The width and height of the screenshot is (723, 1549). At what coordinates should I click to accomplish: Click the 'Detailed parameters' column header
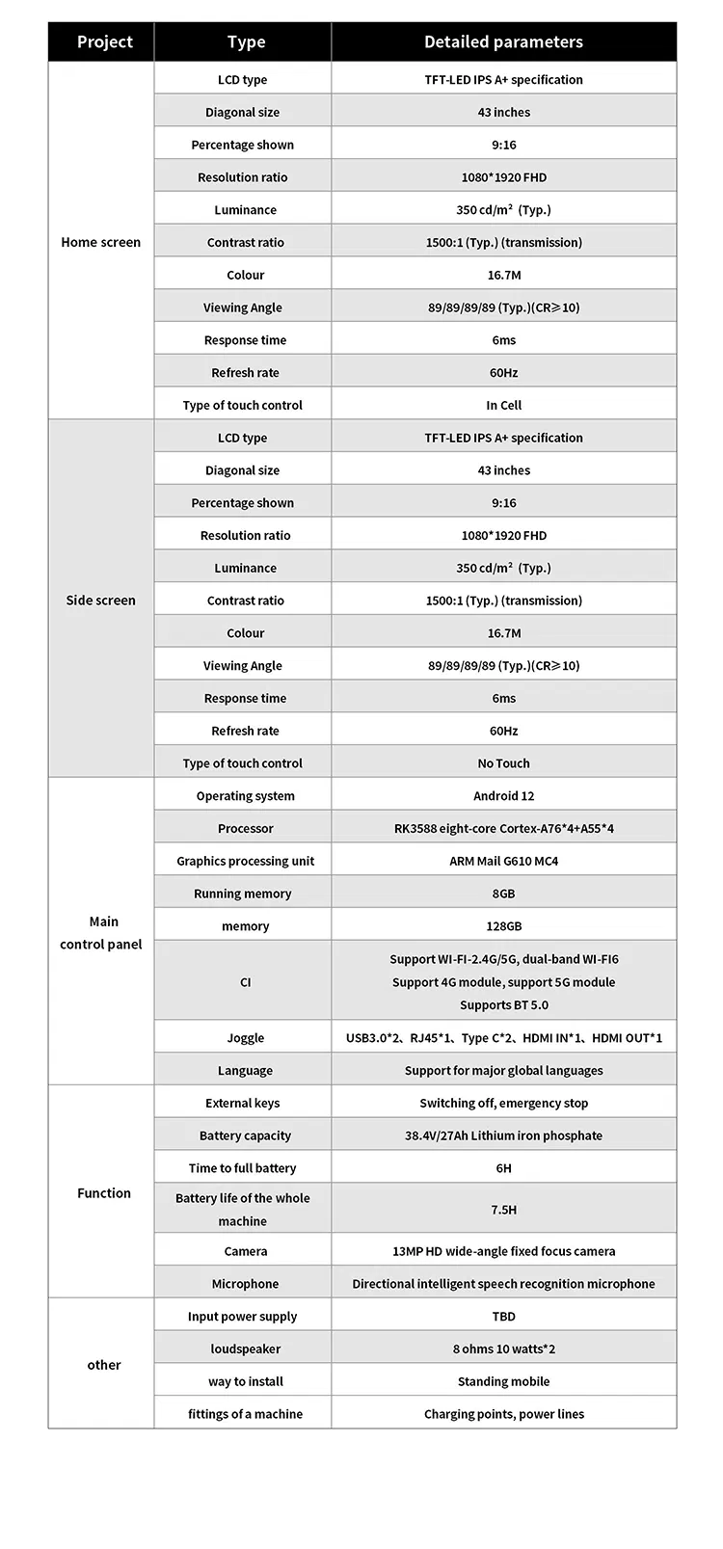click(503, 41)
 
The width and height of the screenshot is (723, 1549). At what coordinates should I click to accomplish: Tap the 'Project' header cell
click(104, 41)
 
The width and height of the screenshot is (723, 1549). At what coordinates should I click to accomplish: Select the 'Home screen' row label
click(100, 242)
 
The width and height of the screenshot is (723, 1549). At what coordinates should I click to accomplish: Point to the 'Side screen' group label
click(100, 600)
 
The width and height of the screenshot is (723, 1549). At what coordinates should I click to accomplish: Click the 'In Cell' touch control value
click(503, 405)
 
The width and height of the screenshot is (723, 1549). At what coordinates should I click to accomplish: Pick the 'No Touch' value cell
click(503, 762)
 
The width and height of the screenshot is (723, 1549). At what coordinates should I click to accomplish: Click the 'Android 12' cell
click(503, 795)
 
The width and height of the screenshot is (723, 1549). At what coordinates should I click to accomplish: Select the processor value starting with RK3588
click(503, 828)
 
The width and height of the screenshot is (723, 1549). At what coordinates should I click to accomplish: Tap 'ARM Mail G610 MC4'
click(503, 861)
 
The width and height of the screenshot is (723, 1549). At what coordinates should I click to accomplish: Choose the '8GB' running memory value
click(503, 894)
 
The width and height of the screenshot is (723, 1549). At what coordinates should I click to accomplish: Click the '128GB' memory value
click(503, 925)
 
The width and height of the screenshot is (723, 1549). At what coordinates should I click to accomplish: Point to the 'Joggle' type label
click(245, 1037)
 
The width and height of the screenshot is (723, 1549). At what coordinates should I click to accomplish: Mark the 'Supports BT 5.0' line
click(503, 1004)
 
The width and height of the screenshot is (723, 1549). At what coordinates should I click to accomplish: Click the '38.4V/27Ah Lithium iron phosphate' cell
click(503, 1135)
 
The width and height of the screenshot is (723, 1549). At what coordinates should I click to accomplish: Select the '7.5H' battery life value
click(503, 1209)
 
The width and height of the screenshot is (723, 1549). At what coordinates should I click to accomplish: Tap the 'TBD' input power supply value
click(503, 1316)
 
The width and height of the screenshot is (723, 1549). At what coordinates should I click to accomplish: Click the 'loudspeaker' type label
click(245, 1349)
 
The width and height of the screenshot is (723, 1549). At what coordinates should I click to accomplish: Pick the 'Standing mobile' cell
click(503, 1381)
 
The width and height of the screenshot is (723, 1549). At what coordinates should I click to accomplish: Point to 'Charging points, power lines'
click(503, 1414)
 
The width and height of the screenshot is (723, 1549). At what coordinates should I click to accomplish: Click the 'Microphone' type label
click(245, 1283)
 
